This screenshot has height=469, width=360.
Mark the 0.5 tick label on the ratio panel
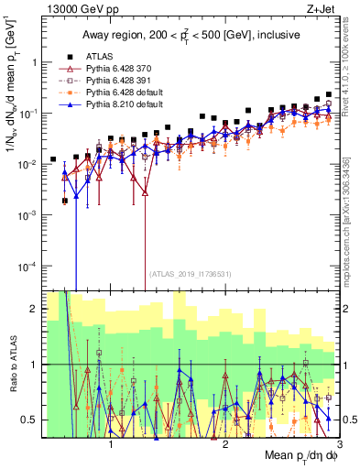pyautogui.click(x=26, y=420)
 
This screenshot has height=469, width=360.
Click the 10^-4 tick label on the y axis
pyautogui.click(x=23, y=266)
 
